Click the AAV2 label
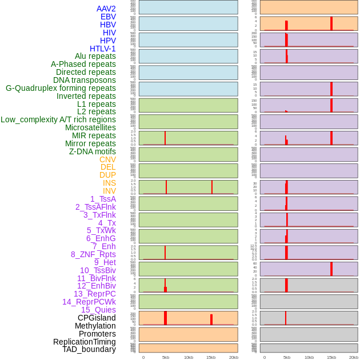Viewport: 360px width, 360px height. pyautogui.click(x=106, y=9)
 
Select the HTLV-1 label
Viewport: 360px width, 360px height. pyautogui.click(x=103, y=49)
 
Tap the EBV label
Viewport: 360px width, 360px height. pyautogui.click(x=108, y=17)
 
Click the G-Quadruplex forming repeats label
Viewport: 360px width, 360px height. pyautogui.click(x=61, y=88)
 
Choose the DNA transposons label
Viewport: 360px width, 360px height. pyautogui.click(x=85, y=80)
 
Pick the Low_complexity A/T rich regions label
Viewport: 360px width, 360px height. pyautogui.click(x=58, y=119)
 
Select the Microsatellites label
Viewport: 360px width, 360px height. pyautogui.click(x=90, y=127)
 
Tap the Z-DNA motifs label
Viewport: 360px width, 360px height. pyautogui.click(x=93, y=151)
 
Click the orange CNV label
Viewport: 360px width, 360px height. pyautogui.click(x=107, y=159)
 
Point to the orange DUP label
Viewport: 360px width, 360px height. pyautogui.click(x=107, y=175)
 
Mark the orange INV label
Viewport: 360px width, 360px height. pyautogui.click(x=109, y=191)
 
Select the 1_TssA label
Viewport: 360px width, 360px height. pyautogui.click(x=103, y=199)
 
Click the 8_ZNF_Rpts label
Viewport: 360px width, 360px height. pyautogui.click(x=93, y=254)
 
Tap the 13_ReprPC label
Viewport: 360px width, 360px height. pyautogui.click(x=94, y=294)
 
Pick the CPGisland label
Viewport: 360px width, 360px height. pyautogui.click(x=97, y=318)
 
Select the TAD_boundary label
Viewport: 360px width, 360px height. pyautogui.click(x=89, y=349)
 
